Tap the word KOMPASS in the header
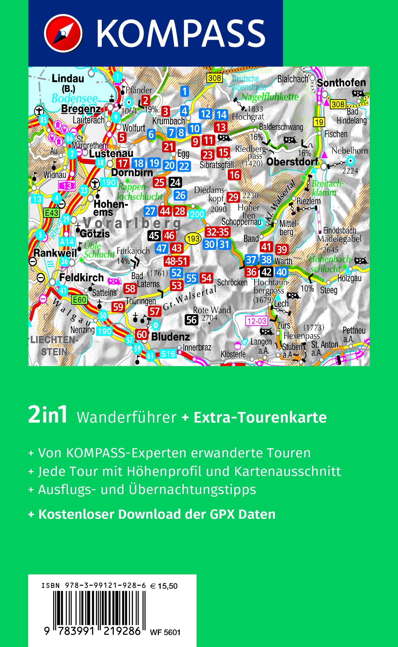[181, 33]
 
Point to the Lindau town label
[68, 79]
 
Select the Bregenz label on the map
[81, 109]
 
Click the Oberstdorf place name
[292, 162]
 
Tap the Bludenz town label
[171, 337]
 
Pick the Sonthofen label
[341, 83]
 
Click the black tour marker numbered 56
[192, 320]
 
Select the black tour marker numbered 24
[175, 182]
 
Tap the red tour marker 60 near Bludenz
[142, 334]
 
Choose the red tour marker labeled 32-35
[217, 232]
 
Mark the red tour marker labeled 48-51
[176, 261]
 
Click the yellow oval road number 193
[193, 239]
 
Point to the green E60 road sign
[79, 300]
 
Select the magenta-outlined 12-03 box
[256, 321]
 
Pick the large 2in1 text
[48, 415]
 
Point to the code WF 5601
[165, 632]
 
